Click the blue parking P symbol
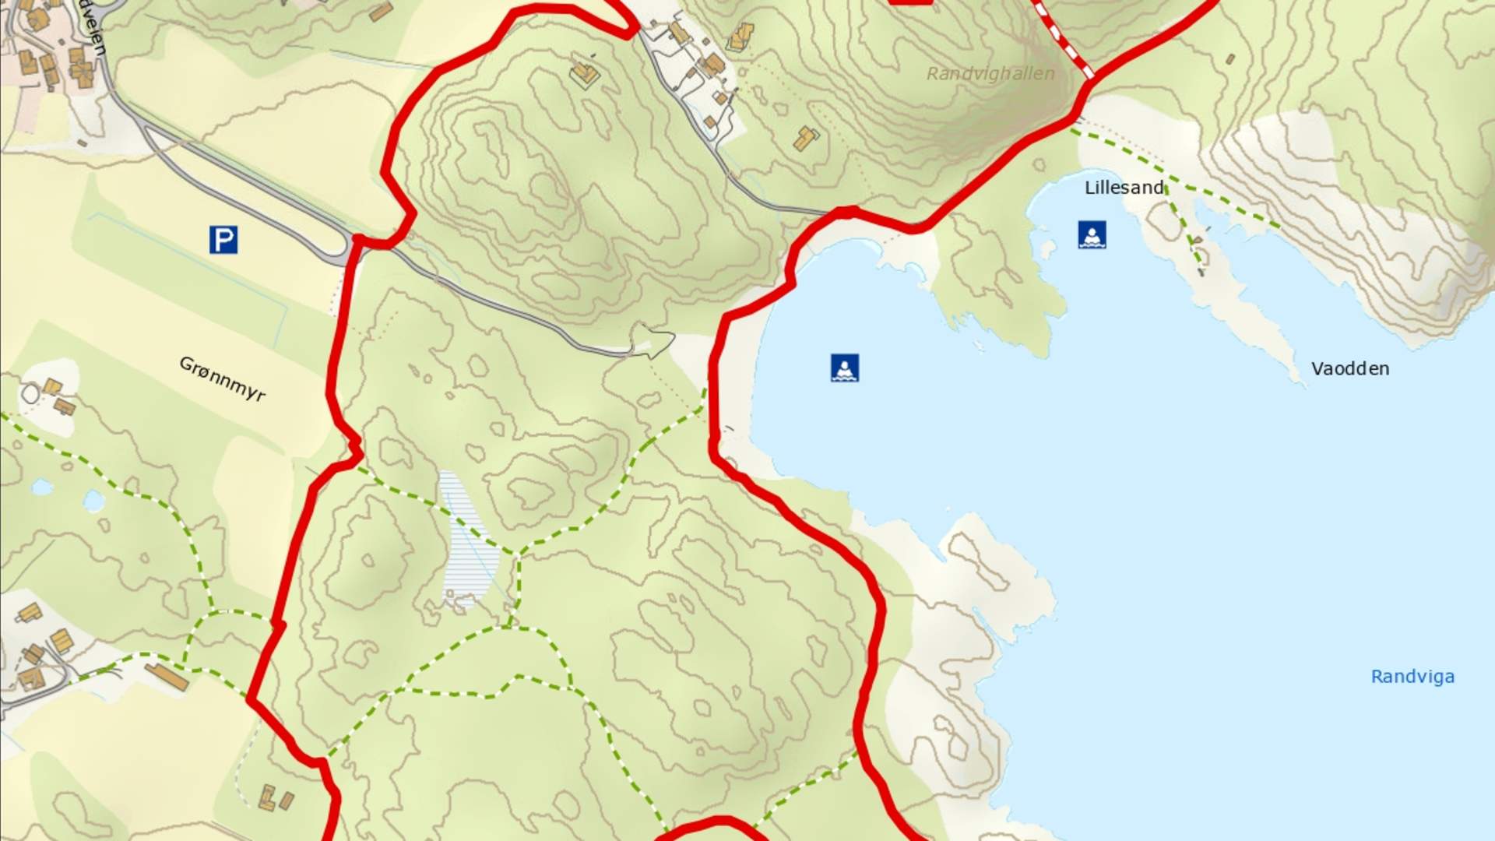tap(223, 240)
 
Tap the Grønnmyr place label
tap(222, 378)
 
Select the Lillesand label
tap(1124, 188)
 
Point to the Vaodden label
tap(1349, 369)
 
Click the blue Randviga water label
tap(1412, 677)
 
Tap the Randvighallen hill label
tap(990, 74)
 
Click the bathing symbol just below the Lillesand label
tap(1092, 234)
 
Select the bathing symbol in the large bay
tap(844, 368)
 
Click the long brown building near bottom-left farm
tap(166, 676)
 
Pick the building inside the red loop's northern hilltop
tap(585, 74)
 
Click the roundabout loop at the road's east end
tap(653, 341)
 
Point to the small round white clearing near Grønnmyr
tap(30, 394)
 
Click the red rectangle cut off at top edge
tap(910, 2)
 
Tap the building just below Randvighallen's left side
tap(806, 139)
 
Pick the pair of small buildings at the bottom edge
tap(276, 798)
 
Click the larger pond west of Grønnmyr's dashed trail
tap(93, 500)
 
